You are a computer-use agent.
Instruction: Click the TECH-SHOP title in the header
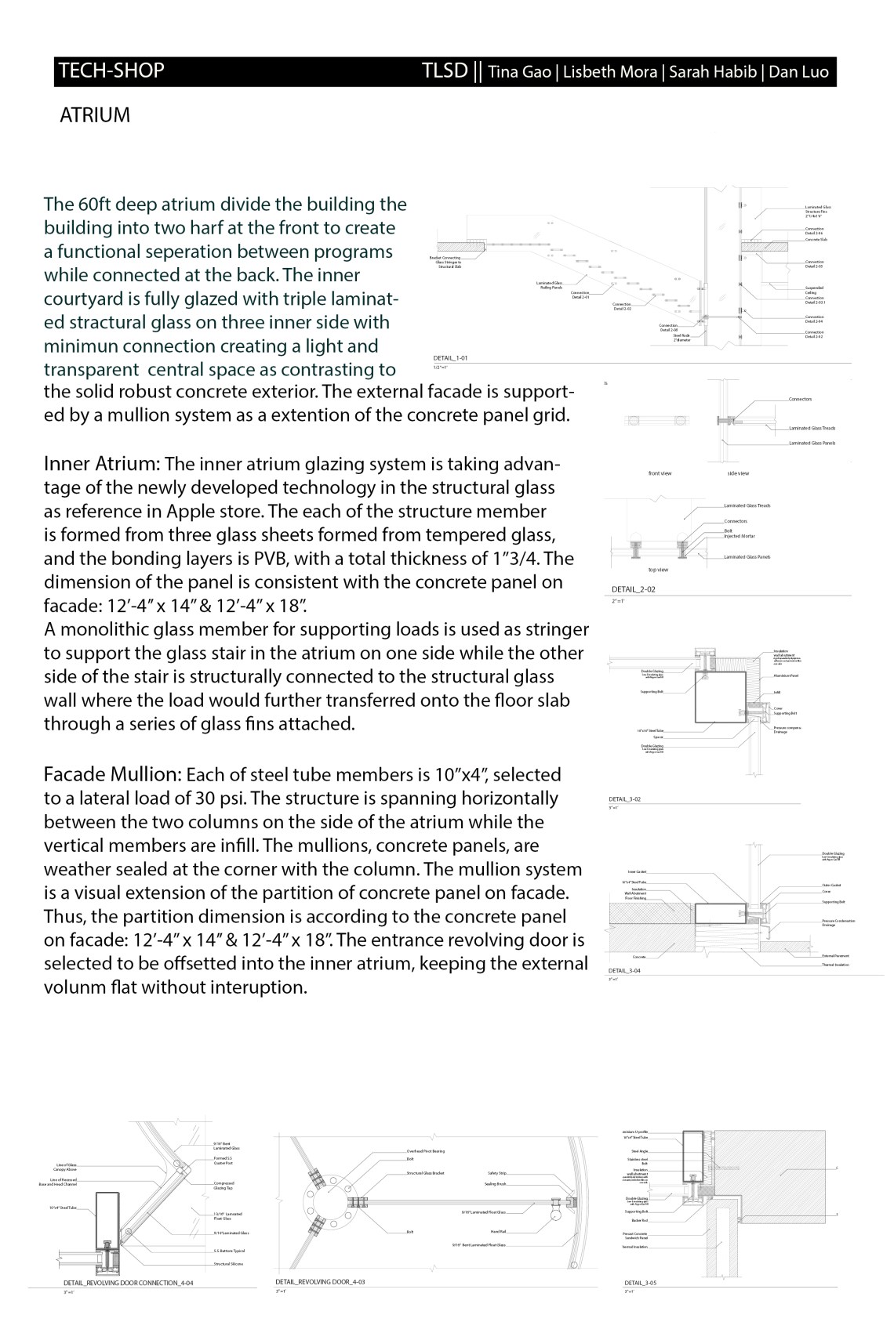tap(111, 71)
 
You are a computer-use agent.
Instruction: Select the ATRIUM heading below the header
tap(94, 116)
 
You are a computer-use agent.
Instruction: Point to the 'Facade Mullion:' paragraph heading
tap(112, 775)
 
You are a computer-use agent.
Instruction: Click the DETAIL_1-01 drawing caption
tap(451, 357)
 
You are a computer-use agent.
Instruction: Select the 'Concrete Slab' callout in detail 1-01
tap(816, 240)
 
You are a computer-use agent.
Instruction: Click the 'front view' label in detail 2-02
tap(660, 473)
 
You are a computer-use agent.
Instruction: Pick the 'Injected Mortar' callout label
tap(740, 536)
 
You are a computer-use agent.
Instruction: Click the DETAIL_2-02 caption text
tap(633, 589)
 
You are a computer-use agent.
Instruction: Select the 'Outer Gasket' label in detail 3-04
tap(832, 885)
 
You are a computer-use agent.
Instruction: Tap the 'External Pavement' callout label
tap(838, 956)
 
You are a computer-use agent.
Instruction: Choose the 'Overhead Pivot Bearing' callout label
tap(426, 1150)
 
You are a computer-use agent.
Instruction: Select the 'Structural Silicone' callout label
tap(228, 1264)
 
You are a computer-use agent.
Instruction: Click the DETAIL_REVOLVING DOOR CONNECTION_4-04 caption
tap(128, 1283)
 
